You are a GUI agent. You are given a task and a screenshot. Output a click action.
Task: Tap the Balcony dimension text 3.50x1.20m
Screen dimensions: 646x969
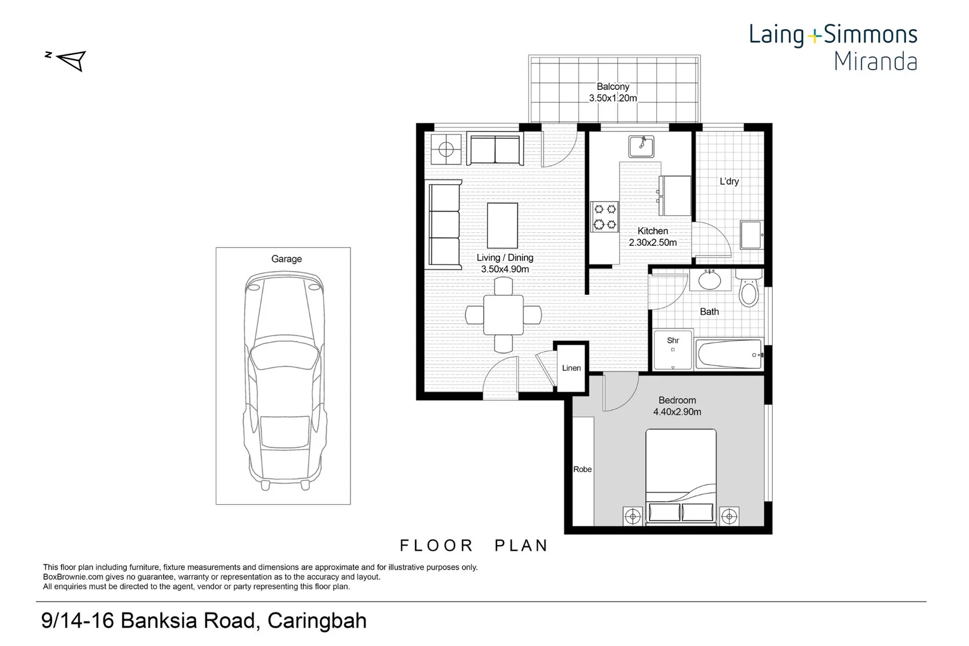(x=613, y=98)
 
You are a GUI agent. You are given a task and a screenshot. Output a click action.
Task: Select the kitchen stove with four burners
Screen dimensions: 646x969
(x=604, y=217)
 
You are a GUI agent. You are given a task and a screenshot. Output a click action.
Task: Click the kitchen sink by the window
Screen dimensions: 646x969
(x=641, y=146)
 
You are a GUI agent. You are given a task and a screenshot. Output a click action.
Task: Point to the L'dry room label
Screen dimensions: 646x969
(x=729, y=181)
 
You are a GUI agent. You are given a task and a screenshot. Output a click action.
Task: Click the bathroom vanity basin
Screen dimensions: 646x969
(x=710, y=280)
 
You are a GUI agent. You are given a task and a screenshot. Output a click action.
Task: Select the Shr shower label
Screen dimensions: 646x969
(x=673, y=340)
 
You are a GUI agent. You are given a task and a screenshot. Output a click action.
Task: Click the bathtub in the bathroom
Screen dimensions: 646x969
(x=729, y=355)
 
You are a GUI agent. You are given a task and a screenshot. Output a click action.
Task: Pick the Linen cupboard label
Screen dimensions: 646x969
(x=571, y=368)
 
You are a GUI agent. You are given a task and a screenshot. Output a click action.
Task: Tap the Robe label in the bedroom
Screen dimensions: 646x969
(x=583, y=470)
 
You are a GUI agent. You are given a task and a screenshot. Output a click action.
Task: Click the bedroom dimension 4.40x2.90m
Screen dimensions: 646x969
(x=677, y=412)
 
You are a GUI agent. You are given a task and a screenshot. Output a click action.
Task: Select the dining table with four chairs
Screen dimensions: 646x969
(x=503, y=315)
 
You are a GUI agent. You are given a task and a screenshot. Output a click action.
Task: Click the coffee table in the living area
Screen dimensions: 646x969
(x=502, y=225)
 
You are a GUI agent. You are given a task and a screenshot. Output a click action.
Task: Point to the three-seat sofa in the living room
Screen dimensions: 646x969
(x=444, y=225)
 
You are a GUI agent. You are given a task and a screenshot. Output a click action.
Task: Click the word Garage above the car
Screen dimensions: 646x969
(x=287, y=259)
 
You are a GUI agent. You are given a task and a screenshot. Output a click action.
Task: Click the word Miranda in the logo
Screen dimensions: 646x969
(x=875, y=62)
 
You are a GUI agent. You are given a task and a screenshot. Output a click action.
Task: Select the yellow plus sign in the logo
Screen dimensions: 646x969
(x=814, y=36)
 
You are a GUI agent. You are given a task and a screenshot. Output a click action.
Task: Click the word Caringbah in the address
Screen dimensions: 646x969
(x=317, y=621)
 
